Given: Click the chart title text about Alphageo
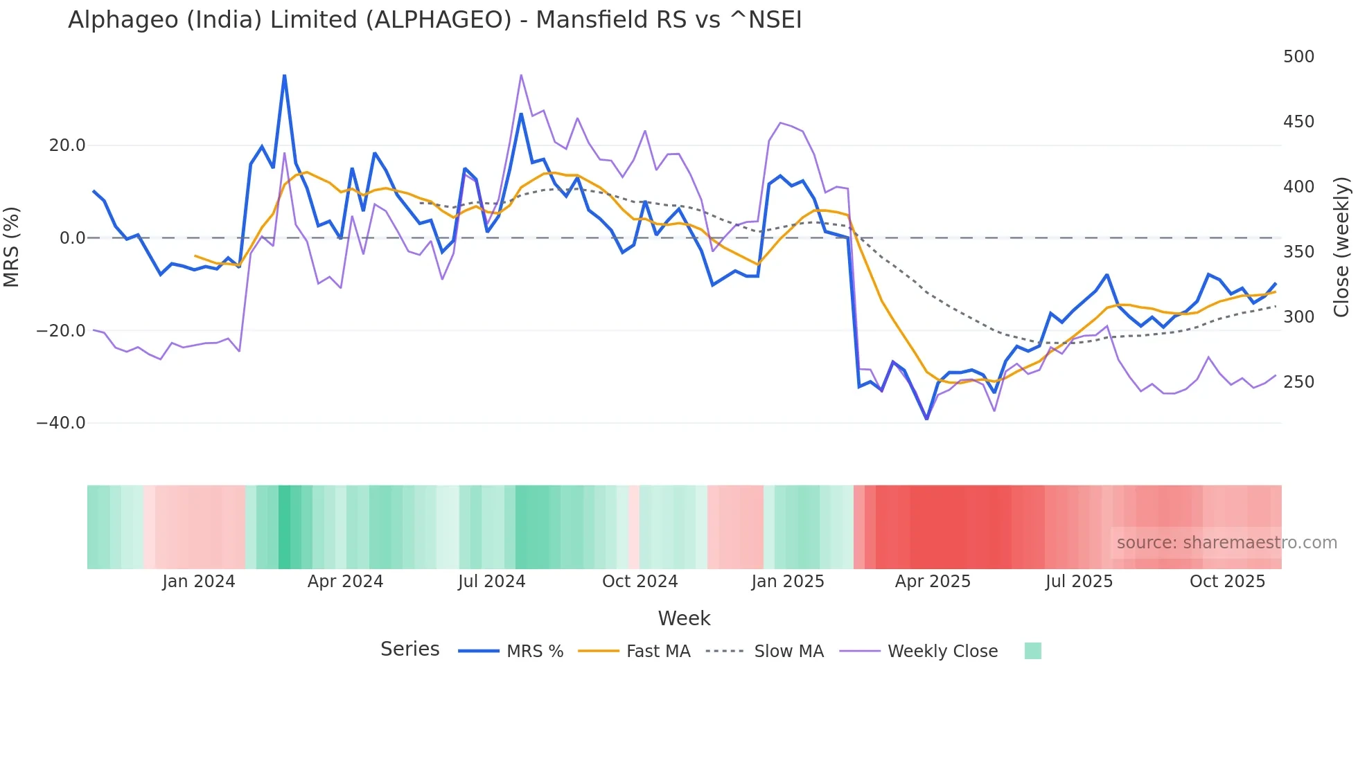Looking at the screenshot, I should [434, 20].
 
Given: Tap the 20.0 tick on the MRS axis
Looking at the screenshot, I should [67, 145].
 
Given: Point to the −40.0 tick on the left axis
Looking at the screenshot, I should [61, 423].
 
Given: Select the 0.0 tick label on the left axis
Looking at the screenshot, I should [72, 238].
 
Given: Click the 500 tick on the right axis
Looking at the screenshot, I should [1298, 57].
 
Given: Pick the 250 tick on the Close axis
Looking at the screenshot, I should [1298, 382].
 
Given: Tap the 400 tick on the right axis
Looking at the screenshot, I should [1298, 187].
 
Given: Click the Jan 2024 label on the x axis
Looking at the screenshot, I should [199, 582].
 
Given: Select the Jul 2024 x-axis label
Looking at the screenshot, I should [491, 582].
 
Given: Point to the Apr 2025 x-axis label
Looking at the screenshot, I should [933, 582].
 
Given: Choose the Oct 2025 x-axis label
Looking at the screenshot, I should [1227, 582].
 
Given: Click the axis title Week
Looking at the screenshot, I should [684, 618].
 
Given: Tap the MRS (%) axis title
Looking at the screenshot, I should [12, 246].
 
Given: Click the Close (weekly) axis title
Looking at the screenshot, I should [1341, 246].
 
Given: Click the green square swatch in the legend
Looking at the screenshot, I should [1032, 651].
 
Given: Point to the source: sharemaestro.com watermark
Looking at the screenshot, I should [1226, 543].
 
